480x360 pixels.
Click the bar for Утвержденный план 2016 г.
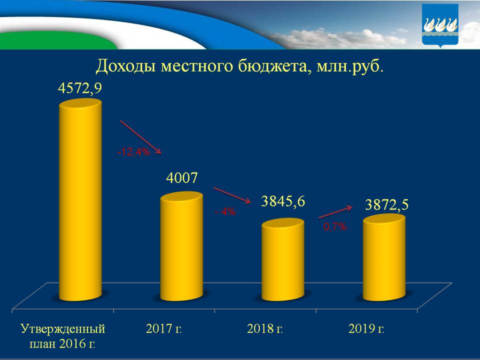click(80, 200)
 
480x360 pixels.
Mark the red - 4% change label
click(225, 212)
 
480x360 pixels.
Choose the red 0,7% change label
click(335, 226)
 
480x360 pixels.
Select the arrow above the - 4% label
click(232, 195)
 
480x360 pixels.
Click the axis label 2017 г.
click(163, 329)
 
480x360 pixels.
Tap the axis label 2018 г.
click(265, 329)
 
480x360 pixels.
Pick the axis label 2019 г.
click(366, 329)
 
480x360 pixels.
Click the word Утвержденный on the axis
click(63, 329)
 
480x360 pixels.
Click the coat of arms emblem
click(439, 25)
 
